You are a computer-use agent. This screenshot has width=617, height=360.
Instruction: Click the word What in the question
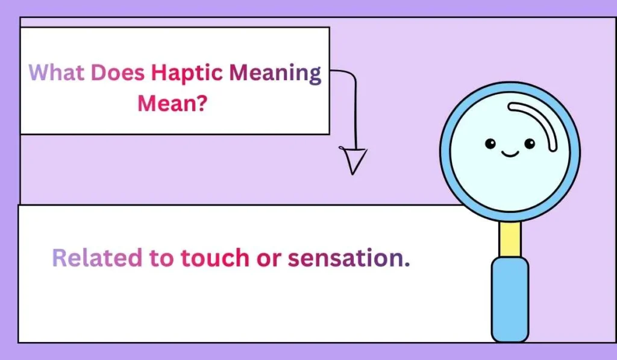[57, 74]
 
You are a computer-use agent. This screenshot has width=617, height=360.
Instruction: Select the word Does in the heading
[118, 74]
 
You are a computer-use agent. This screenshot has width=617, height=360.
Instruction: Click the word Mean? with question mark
[173, 103]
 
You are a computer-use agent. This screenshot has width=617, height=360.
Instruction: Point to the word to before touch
[161, 259]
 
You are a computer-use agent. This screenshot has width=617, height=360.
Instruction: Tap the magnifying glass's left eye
[490, 144]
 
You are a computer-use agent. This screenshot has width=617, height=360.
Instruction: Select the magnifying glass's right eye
[530, 144]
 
